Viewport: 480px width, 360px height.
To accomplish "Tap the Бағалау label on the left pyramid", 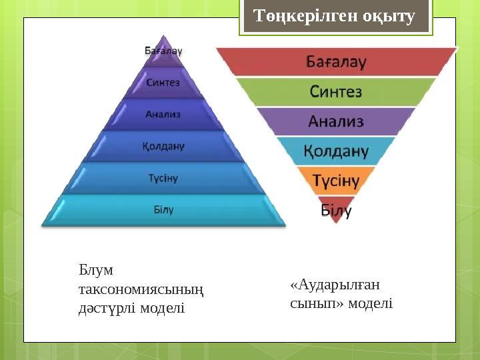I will click(x=164, y=51).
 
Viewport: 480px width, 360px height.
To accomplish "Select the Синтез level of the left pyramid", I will click(x=163, y=83).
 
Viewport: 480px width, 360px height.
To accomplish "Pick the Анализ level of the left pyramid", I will click(x=163, y=114).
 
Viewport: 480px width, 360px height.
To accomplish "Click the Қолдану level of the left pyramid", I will click(x=163, y=145).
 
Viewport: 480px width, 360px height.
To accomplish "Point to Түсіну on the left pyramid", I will click(x=163, y=178).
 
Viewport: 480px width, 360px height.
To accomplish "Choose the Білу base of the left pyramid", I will click(x=163, y=209).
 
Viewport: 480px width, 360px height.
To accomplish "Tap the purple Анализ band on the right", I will click(x=336, y=121).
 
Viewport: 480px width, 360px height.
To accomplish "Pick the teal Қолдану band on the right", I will click(x=336, y=151).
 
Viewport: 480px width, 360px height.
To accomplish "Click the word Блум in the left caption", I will click(x=96, y=270).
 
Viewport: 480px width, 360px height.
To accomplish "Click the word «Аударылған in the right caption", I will click(x=335, y=285).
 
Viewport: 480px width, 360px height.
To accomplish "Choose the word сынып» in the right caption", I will click(x=313, y=303).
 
